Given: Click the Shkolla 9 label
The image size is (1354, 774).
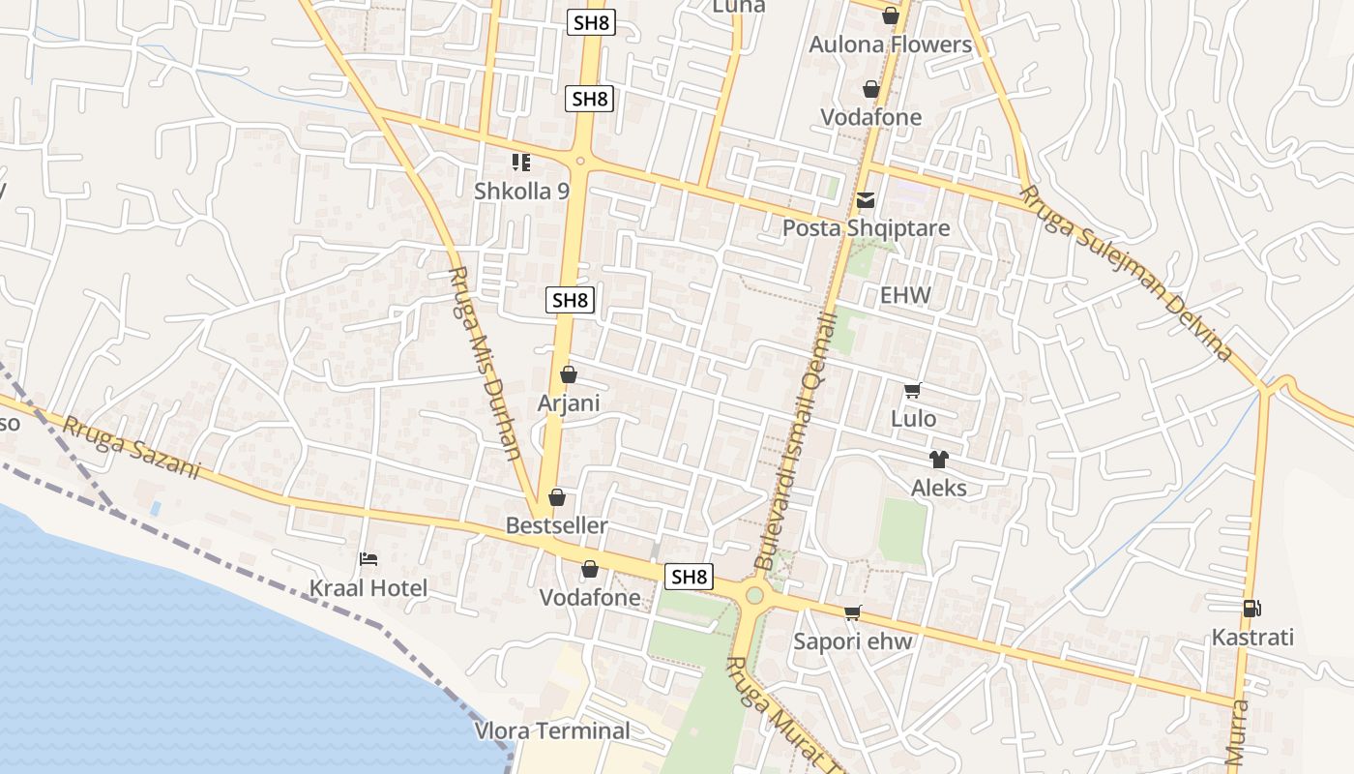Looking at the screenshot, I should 521,192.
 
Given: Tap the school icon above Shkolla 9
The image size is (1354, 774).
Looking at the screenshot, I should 521,163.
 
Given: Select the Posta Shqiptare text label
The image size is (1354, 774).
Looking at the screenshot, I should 866,228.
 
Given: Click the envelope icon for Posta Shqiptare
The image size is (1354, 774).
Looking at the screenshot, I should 866,200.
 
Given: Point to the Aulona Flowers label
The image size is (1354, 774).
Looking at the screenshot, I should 890,45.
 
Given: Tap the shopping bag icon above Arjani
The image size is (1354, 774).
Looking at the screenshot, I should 569,374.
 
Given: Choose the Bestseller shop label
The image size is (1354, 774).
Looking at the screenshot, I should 557,526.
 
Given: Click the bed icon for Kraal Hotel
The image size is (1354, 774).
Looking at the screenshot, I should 368,559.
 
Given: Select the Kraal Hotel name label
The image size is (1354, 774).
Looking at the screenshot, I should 368,588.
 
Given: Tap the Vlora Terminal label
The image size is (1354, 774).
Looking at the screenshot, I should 552,730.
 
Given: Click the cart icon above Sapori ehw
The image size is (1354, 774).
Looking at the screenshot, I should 852,612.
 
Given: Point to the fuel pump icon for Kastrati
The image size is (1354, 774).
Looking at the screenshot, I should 1252,609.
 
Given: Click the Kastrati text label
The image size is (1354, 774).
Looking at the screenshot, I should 1252,638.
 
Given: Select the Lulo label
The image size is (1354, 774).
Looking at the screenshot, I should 913,419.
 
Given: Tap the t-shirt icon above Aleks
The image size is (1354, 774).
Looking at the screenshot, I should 938,460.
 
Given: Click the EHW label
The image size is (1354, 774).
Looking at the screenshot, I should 905,295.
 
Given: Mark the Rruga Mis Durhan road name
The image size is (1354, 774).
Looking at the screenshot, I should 486,363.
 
